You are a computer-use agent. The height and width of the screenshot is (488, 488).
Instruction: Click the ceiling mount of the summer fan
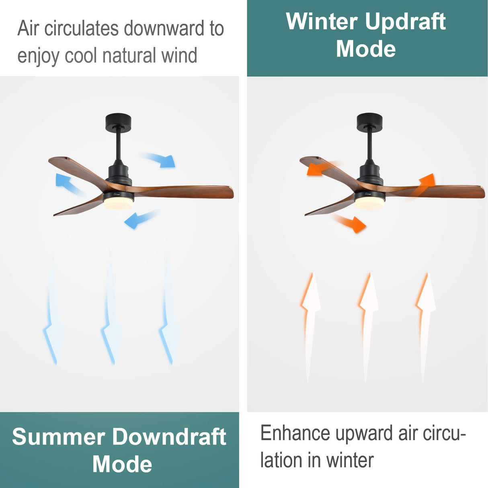tap(119, 122)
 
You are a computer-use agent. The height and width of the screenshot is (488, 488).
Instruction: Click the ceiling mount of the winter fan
tap(369, 121)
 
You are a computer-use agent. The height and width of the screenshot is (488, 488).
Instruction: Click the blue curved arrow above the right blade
tap(161, 160)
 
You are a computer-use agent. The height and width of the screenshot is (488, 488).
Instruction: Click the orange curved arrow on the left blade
tap(322, 168)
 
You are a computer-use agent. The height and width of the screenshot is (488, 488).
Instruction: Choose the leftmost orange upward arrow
tap(310, 322)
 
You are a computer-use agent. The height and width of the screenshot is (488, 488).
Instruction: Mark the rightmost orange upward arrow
tap(425, 322)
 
